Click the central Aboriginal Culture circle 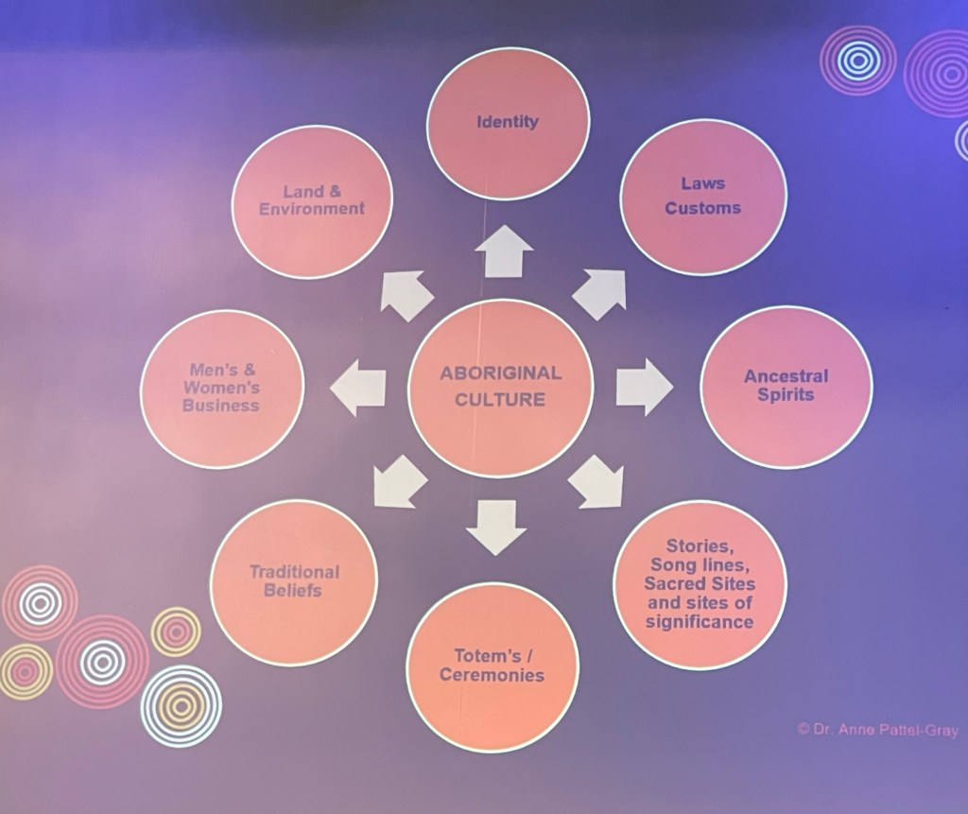click(500, 387)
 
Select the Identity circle click(508, 122)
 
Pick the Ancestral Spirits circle click(786, 386)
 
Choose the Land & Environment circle click(311, 200)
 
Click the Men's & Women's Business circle click(222, 388)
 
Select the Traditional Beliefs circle click(293, 580)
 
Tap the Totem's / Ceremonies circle click(492, 665)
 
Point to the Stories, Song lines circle click(700, 584)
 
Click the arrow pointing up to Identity click(504, 251)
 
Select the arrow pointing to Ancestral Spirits click(644, 386)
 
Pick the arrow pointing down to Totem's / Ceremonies click(495, 526)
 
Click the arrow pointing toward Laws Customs click(601, 292)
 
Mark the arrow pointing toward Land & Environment click(405, 294)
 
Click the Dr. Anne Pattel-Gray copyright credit click(878, 729)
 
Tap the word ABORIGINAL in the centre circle click(500, 373)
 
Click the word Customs click(702, 208)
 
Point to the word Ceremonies click(492, 675)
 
